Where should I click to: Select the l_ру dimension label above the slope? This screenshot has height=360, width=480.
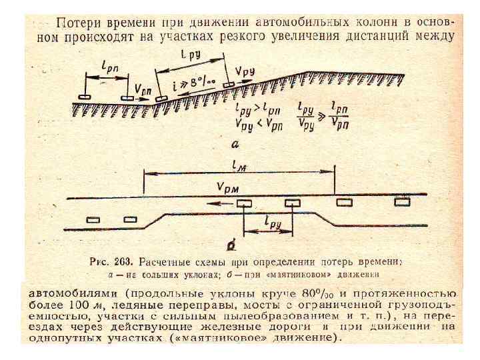tap(194, 58)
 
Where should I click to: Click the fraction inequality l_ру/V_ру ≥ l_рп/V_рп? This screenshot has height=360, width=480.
tap(325, 115)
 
